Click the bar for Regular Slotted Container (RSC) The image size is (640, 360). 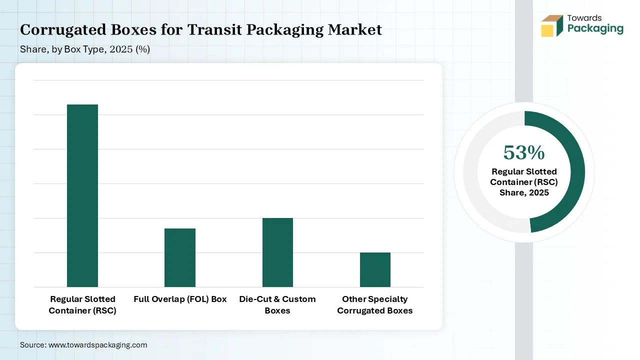82,195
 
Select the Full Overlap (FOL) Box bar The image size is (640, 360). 180,257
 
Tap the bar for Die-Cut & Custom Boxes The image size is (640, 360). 277,252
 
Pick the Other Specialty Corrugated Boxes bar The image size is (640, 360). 375,269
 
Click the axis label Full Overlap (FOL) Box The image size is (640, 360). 180,299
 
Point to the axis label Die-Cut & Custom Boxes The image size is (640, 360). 277,304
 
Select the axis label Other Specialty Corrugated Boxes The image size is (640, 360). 375,304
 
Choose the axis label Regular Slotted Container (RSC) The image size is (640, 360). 82,304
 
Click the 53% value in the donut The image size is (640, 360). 523,152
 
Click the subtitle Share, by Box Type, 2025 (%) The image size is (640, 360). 85,49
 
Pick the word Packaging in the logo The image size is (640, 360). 595,28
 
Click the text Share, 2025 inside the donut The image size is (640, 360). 524,192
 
